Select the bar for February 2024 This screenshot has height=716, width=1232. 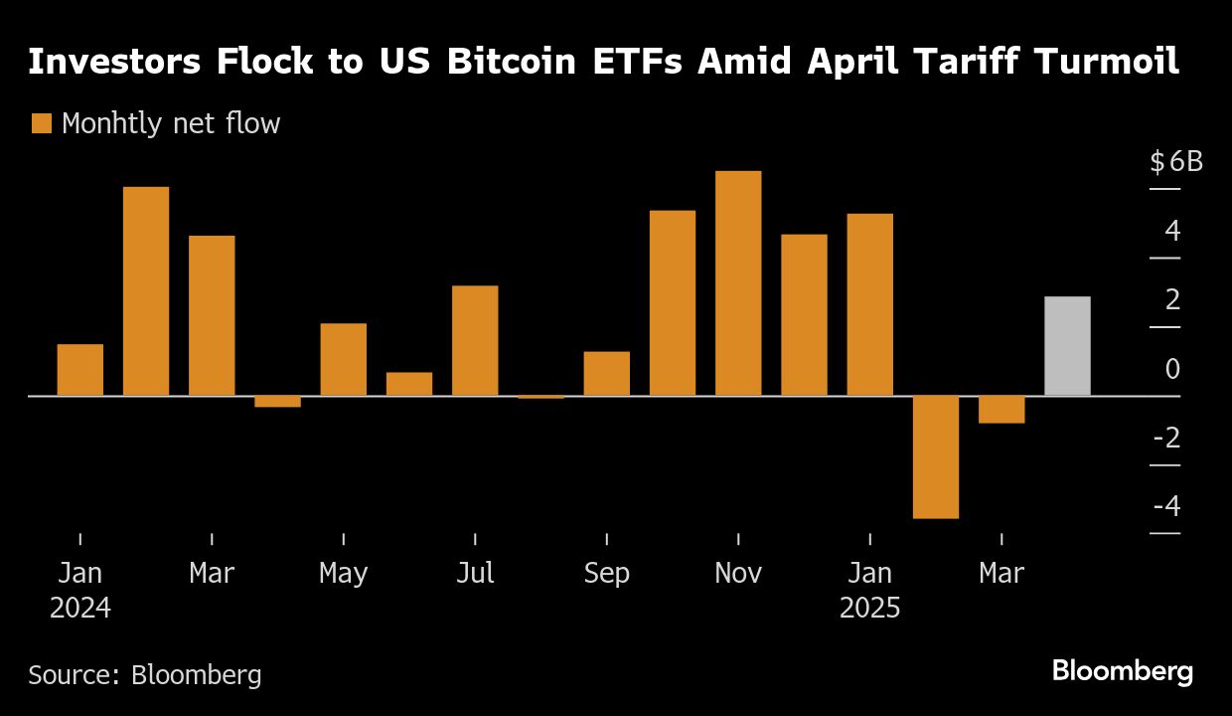tap(146, 290)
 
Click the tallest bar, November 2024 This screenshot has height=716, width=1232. tap(738, 283)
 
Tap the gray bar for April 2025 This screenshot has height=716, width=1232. tap(1067, 346)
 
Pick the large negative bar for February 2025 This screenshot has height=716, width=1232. tap(935, 456)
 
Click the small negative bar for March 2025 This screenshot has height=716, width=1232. tap(1001, 409)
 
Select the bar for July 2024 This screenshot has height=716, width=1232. tap(475, 340)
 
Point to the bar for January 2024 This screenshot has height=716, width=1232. tap(80, 369)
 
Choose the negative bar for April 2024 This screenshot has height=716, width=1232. tap(277, 401)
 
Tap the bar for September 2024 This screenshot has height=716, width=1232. tap(606, 373)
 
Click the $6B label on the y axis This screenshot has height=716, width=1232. tap(1176, 161)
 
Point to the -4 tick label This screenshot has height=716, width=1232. tap(1167, 506)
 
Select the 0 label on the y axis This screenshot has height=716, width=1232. tap(1172, 369)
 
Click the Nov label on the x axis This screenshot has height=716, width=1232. tap(738, 574)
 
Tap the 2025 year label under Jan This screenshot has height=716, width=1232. tap(869, 608)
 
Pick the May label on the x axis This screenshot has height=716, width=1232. tap(343, 574)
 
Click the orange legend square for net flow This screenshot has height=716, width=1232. tap(41, 123)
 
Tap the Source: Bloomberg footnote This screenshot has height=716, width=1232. tap(145, 675)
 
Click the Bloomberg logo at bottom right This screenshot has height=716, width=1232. tap(1122, 671)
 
